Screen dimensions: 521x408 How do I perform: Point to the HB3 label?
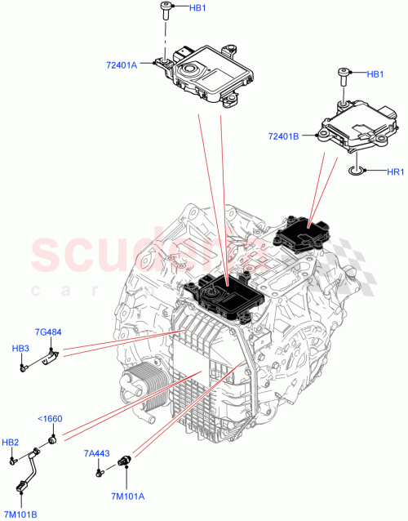click(21, 349)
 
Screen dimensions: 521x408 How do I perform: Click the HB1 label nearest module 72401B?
click(375, 74)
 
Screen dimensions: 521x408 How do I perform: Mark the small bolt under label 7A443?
click(99, 470)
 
